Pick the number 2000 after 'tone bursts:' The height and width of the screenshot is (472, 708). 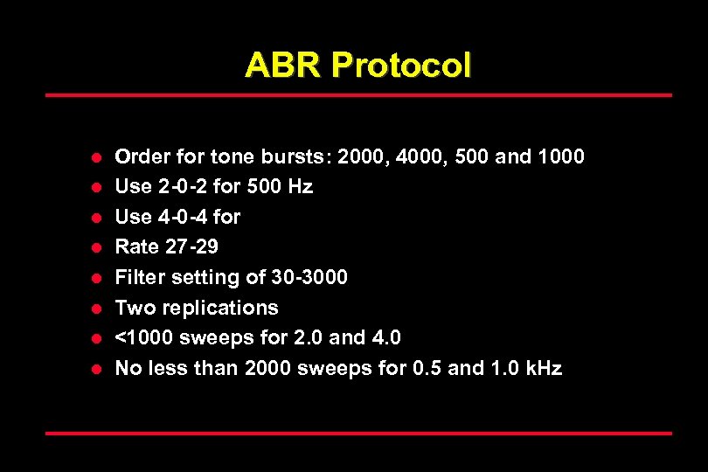(x=364, y=156)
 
